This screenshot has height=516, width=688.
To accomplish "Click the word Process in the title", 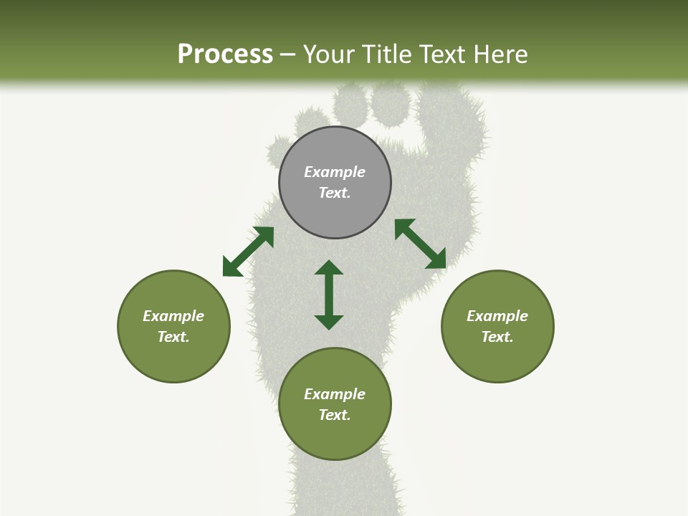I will [225, 54].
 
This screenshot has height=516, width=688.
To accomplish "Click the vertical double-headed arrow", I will [329, 295].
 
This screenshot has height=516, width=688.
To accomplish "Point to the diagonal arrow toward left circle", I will [248, 252].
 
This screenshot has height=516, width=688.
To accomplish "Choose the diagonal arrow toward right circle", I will [420, 244].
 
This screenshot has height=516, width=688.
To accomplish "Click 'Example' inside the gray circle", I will [335, 172].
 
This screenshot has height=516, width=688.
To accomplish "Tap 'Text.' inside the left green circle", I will [173, 337].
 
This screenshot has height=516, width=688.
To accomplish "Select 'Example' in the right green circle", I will [497, 316].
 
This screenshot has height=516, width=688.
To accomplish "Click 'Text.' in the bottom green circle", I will [335, 415].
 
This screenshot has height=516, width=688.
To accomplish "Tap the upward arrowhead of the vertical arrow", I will [329, 268].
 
